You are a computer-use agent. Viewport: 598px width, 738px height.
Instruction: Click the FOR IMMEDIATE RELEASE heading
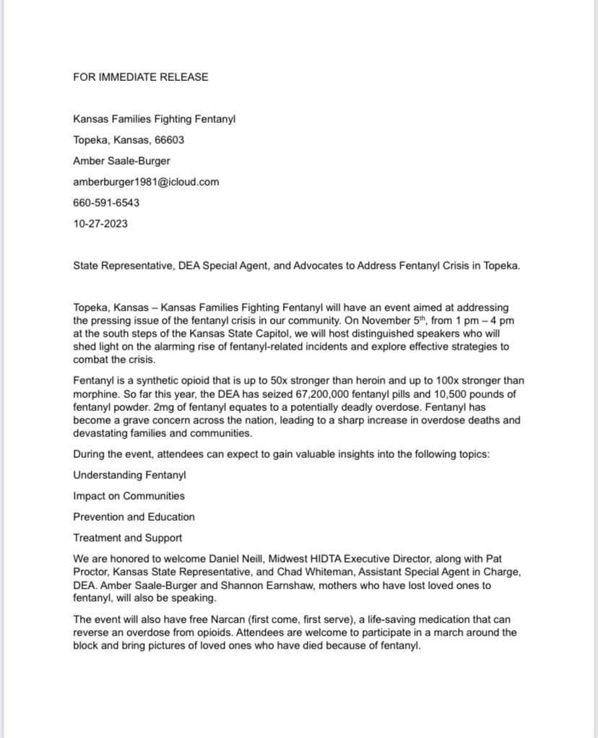coord(140,77)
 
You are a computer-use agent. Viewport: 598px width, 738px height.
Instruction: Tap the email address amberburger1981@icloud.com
coord(146,182)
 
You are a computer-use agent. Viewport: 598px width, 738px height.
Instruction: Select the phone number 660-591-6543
coord(106,203)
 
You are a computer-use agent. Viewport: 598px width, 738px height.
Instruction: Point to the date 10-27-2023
coord(100,224)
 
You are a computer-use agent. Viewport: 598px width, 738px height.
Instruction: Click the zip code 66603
coord(169,140)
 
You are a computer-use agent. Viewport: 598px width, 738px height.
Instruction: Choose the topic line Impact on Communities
coord(129,496)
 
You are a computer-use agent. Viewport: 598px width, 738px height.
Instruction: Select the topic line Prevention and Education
coord(134,517)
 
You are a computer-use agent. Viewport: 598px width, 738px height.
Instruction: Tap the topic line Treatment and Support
coord(127,538)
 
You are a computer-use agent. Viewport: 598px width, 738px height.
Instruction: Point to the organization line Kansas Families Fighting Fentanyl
coord(154,119)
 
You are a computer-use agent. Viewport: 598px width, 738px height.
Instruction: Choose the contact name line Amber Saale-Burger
coord(121,161)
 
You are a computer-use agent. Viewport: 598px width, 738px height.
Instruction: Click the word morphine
coord(96,394)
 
